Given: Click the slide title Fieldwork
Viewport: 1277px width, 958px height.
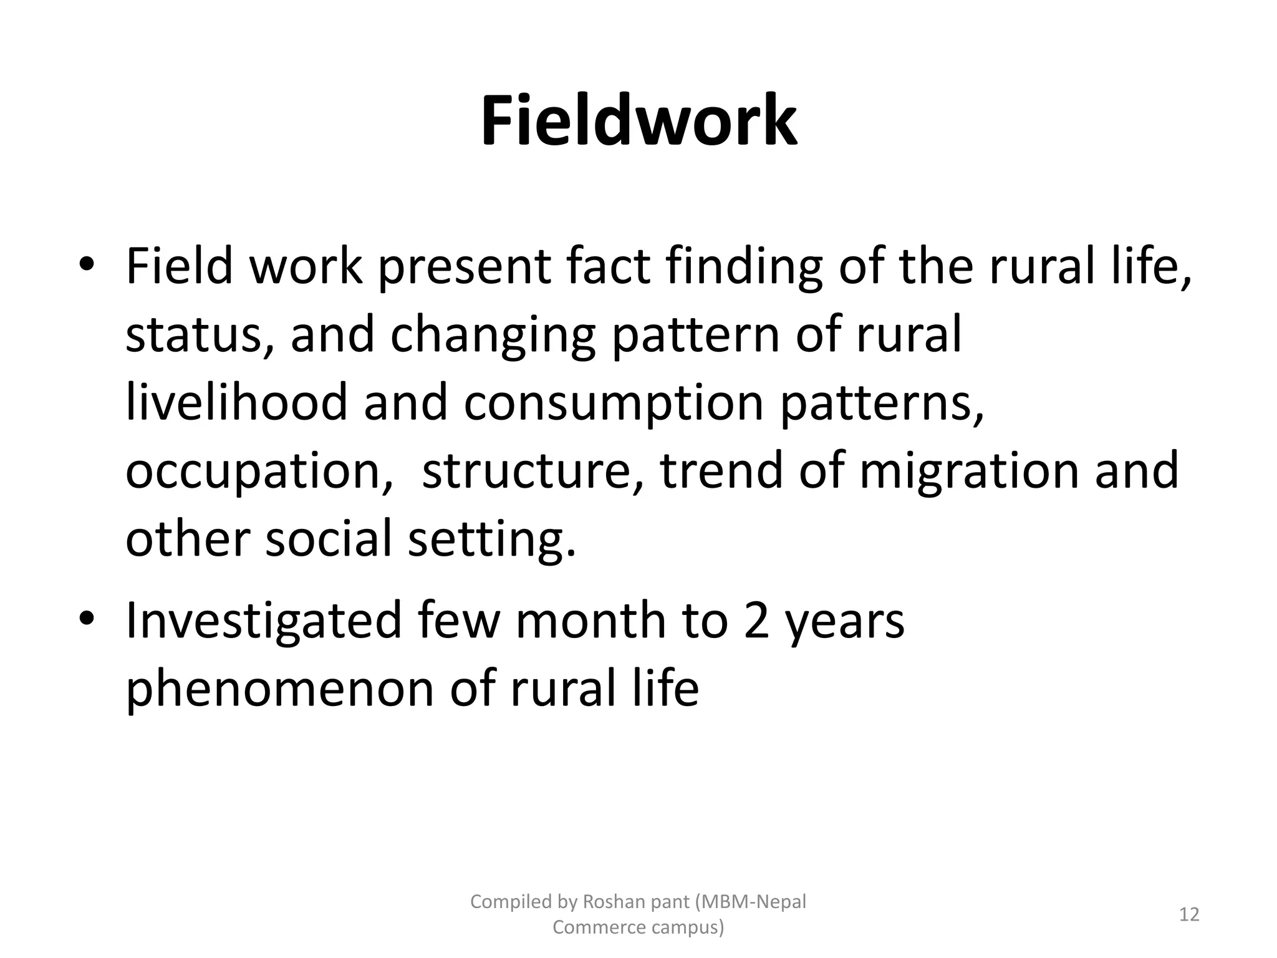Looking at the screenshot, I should pos(638,121).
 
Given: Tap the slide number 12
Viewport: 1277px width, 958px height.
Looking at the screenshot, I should pos(1189,914).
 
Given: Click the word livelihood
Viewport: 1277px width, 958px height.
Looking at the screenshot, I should pos(236,402).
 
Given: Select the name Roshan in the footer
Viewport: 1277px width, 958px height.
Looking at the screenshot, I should pos(611,902).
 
